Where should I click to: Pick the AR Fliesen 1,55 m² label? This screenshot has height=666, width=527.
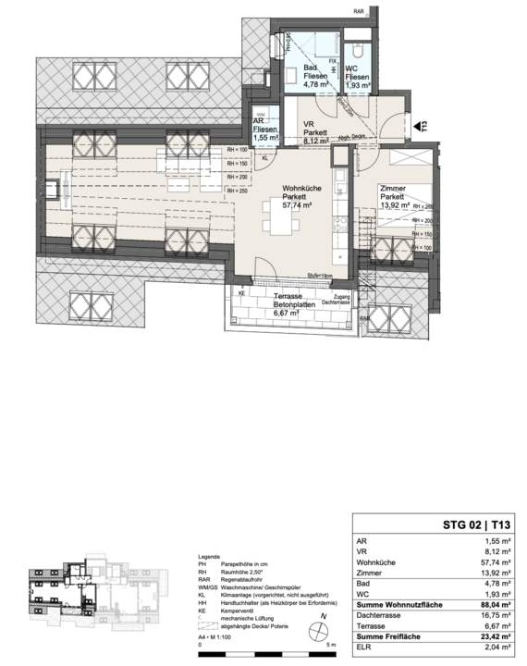pos(265,130)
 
